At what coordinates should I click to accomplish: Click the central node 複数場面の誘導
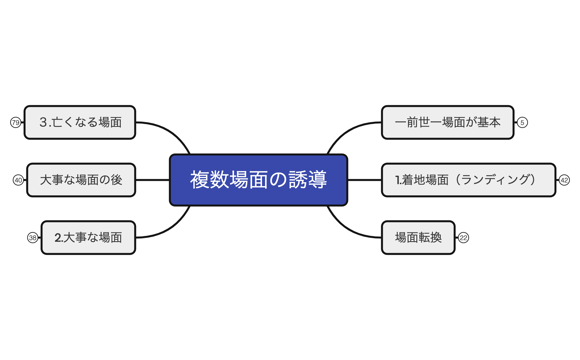point(258,180)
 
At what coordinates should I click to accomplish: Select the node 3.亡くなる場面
point(80,122)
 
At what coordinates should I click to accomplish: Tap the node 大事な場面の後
point(81,180)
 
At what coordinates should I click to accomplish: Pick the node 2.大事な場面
point(88,237)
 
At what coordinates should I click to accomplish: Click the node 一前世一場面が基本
point(447,122)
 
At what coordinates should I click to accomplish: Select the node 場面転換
point(418,237)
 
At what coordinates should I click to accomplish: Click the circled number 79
point(16,122)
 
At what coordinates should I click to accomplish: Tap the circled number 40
point(18,180)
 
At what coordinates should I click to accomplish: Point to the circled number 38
point(33,238)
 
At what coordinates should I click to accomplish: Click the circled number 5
point(522,122)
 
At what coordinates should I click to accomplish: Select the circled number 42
point(564,180)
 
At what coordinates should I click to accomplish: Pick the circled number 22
point(463,238)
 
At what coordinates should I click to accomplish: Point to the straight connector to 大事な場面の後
point(152,180)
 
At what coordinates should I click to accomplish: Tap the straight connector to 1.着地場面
point(365,180)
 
